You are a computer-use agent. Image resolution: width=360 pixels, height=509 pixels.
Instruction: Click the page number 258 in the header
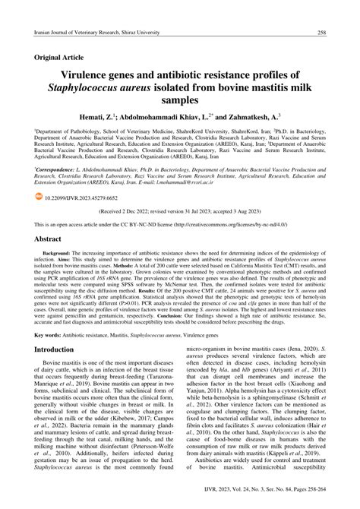click(x=322, y=33)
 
